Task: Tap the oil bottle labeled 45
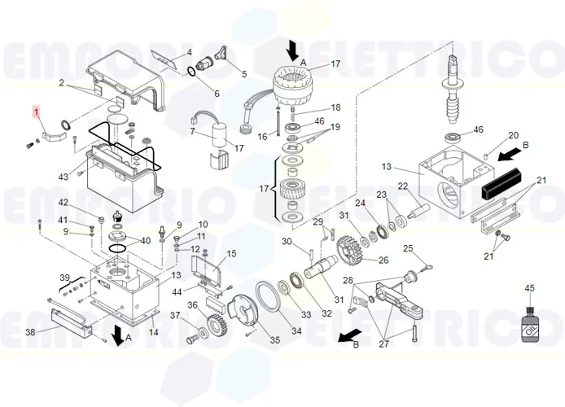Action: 529,321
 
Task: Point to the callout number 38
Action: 30,332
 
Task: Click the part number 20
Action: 513,135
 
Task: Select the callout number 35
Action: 274,340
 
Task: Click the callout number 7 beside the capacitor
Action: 192,131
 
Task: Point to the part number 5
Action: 243,74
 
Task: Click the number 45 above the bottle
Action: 529,288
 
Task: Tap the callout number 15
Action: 231,254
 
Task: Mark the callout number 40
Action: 146,241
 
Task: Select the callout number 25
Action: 409,249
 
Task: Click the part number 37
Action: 174,315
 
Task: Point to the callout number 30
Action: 287,241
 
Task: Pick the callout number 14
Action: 153,332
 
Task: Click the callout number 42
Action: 63,203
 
